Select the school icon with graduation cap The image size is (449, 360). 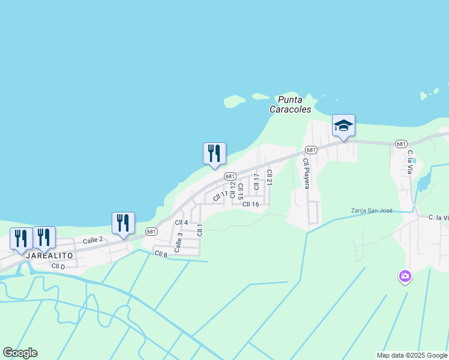coord(343,126)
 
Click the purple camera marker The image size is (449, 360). coord(405,276)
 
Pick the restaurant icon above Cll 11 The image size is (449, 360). coord(214,154)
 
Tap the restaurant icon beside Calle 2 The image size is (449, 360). coord(123,223)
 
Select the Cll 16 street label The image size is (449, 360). coord(250,204)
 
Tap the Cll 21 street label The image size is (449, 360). coord(269,177)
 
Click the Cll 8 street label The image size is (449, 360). coord(160,254)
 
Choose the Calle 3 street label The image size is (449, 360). coord(178,242)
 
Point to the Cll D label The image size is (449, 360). coord(58,266)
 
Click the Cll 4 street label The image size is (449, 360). coord(181,223)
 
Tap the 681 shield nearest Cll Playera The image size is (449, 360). coord(310,150)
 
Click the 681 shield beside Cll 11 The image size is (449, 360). coord(230,176)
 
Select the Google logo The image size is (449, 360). coord(20,353)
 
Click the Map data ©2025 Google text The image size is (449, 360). coord(412,355)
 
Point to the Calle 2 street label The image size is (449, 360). coord(93,240)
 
